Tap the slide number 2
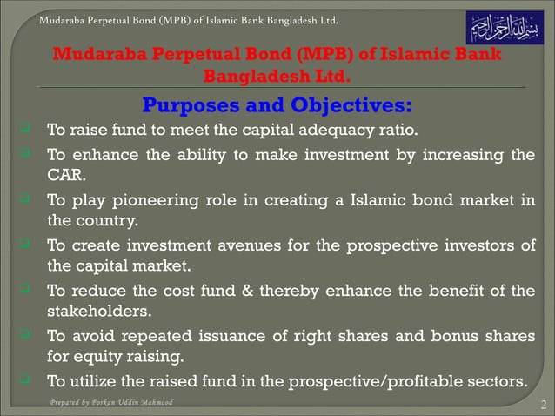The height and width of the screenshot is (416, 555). pos(542,405)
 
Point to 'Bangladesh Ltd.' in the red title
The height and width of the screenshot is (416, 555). pos(277,76)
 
